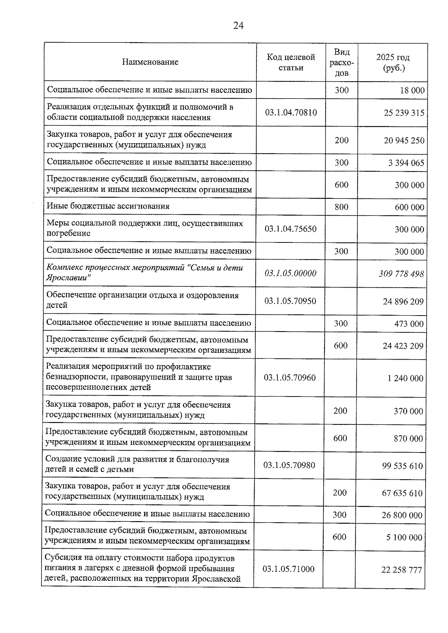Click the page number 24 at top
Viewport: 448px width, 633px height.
point(239,25)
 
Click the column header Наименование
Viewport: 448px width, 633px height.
point(150,62)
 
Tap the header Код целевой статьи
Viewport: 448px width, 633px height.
point(291,62)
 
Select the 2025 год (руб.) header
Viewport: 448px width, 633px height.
point(393,62)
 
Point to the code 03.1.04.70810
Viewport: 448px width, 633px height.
point(291,112)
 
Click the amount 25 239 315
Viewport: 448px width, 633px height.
point(404,113)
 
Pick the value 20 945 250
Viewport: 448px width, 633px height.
point(404,140)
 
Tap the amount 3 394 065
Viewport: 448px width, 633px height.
point(406,163)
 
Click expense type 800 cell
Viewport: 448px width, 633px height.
point(341,207)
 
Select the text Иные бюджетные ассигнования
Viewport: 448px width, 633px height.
point(108,206)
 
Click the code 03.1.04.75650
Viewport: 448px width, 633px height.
point(290,229)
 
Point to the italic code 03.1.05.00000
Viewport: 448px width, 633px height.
point(290,273)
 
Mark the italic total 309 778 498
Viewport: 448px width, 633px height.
point(401,274)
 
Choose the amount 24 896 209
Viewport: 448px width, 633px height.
point(403,301)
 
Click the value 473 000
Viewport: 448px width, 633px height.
point(409,323)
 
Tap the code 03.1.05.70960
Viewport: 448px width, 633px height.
point(290,377)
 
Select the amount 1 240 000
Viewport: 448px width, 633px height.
point(405,378)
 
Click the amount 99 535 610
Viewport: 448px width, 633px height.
point(402,466)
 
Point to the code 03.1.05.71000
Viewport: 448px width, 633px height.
point(289,569)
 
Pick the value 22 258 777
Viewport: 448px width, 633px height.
point(402,570)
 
